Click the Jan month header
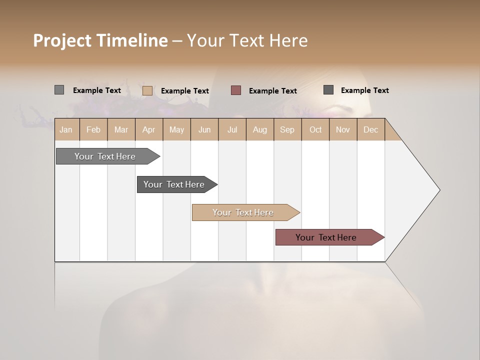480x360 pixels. coord(66,129)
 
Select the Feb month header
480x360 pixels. coord(93,129)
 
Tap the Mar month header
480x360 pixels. coord(121,129)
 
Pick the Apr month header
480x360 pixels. coord(148,129)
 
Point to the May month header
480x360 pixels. coord(176,129)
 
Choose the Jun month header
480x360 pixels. coord(204,129)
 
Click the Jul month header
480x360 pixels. coord(232,129)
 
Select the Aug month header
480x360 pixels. coord(260,129)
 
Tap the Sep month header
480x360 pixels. coord(287,129)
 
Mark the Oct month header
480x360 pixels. coord(315,129)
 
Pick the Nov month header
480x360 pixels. coord(343,129)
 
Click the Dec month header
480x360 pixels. coord(371,129)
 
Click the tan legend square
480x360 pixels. coord(147,90)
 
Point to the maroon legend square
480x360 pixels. coord(236,90)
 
